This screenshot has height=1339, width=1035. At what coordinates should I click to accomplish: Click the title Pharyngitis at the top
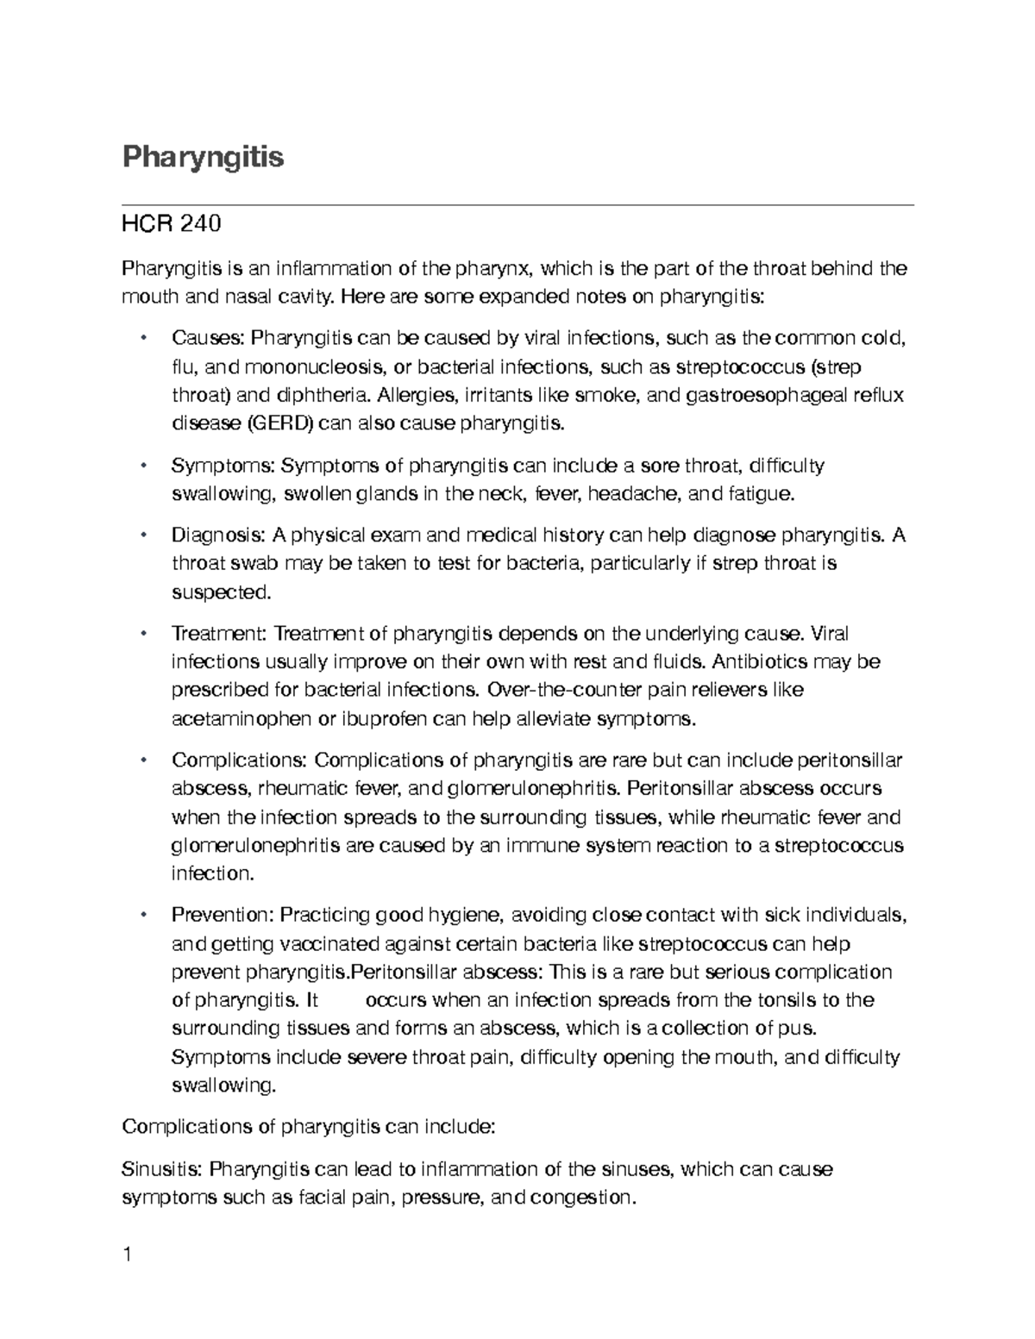(203, 158)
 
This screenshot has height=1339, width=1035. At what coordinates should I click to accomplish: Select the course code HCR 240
(172, 224)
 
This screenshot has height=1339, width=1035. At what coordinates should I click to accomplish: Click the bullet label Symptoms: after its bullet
(223, 466)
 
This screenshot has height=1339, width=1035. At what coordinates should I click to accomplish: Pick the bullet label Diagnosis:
(219, 535)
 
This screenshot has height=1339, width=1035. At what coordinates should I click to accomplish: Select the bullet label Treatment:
(220, 634)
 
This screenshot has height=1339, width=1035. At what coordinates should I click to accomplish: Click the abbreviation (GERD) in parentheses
(281, 423)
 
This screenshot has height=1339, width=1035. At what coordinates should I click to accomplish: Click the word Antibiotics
(762, 662)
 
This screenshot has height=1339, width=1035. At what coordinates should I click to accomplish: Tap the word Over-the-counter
(554, 690)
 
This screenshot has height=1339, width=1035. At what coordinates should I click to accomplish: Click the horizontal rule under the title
(517, 205)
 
